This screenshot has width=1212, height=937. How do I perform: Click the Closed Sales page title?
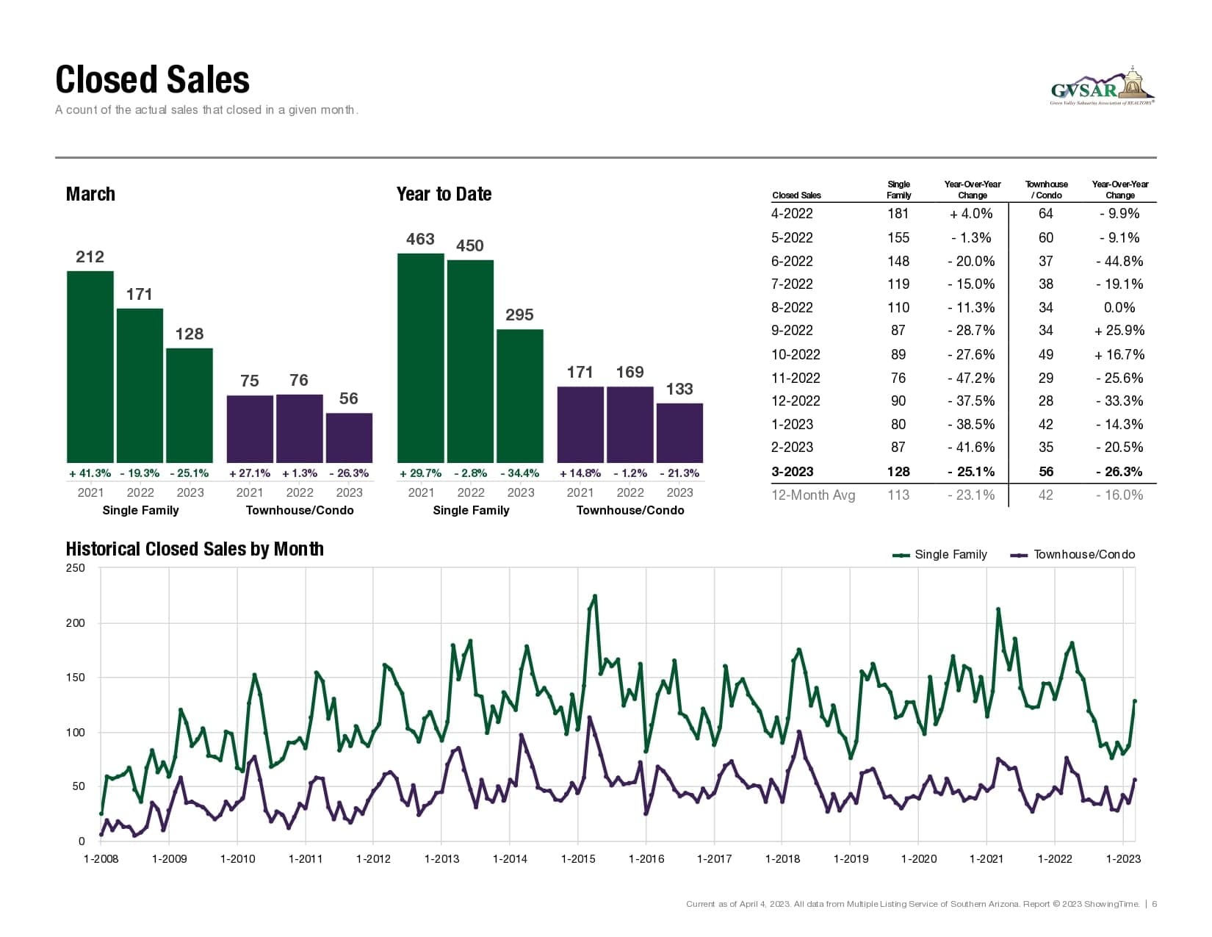152,80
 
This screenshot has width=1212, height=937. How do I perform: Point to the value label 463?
420,240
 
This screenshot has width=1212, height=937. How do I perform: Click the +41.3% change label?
90,473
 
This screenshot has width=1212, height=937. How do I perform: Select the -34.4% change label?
520,473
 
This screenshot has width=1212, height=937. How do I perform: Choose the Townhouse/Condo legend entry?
1073,555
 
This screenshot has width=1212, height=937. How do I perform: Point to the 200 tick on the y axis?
76,623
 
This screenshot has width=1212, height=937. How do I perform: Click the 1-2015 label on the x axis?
578,858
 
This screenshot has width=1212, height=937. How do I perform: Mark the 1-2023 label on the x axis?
1123,858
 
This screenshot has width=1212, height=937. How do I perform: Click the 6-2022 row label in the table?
792,262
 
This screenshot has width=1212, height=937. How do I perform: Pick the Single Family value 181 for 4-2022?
898,214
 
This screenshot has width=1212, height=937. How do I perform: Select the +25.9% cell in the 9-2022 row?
1119,331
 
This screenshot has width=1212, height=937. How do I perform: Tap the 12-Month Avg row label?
813,495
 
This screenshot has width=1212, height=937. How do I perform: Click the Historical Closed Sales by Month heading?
195,549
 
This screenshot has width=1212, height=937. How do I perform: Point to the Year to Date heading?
444,194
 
